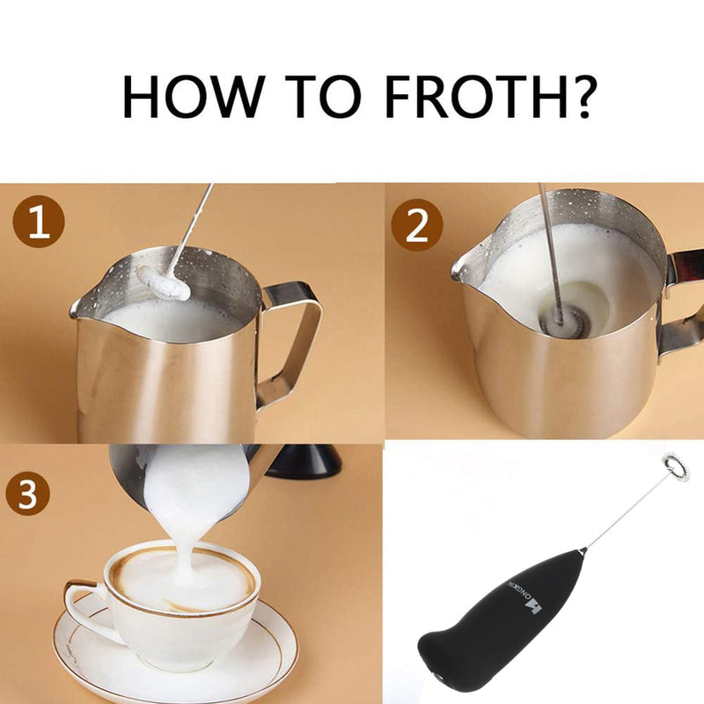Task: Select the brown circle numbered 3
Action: pos(28,494)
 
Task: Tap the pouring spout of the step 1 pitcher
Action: pos(79,308)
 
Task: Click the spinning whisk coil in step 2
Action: pos(561,319)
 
